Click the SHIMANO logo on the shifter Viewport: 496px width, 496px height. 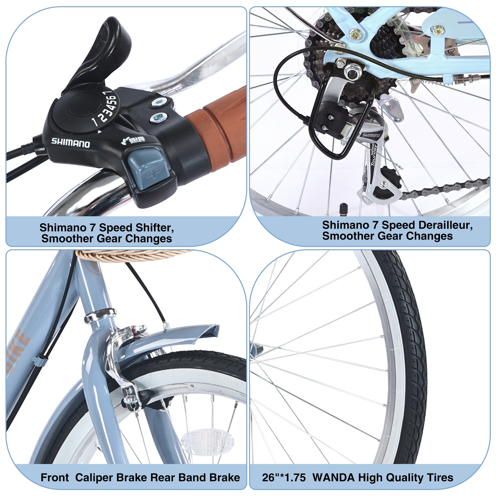[x=71, y=143]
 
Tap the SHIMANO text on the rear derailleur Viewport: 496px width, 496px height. [x=371, y=135]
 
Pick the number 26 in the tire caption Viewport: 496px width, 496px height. [x=268, y=477]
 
